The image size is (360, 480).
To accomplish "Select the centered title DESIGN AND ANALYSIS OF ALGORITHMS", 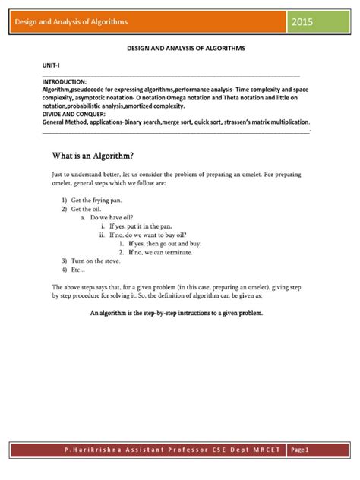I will (180, 47).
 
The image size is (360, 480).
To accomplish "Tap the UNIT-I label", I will (50, 67).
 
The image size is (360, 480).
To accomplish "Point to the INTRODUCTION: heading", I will (65, 81).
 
